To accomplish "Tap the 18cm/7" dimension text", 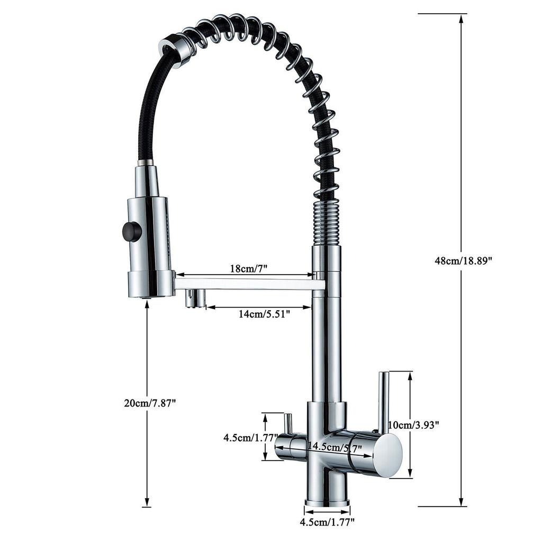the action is [x=249, y=268].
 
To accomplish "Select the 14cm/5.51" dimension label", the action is [x=264, y=314].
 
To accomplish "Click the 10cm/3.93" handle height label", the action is [x=413, y=424].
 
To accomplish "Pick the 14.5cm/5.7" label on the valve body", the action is [x=335, y=446].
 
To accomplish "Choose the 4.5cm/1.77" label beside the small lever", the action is [x=250, y=438].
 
